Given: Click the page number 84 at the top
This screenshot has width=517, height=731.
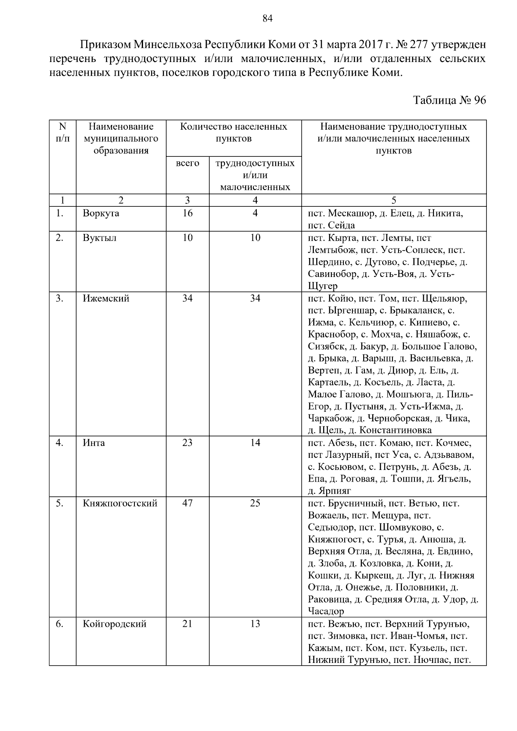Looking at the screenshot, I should (x=267, y=19).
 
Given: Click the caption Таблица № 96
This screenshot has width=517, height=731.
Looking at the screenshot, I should (x=449, y=100).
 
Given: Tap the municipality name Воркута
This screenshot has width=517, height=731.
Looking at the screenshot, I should (x=101, y=213).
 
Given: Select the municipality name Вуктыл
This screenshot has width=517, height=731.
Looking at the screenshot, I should (x=100, y=238).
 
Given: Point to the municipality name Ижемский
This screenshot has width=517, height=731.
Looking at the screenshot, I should (x=106, y=298).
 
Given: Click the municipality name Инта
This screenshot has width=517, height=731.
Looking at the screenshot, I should (x=94, y=443).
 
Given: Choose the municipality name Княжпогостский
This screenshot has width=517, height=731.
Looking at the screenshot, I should (x=120, y=503).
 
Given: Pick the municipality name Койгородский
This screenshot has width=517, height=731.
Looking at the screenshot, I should (x=115, y=624).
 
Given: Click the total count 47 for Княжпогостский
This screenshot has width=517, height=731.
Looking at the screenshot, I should (x=187, y=503).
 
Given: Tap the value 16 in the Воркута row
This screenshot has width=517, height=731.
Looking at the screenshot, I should (x=187, y=213).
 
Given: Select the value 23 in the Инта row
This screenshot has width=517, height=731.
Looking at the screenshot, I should (x=187, y=443).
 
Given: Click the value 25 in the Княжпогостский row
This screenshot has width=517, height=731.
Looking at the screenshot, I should (x=255, y=503).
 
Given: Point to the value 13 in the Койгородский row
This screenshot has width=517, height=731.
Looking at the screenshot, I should (x=255, y=624).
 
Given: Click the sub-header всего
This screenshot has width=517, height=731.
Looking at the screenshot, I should (x=187, y=163).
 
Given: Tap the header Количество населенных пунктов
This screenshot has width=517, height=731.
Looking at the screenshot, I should (x=234, y=133).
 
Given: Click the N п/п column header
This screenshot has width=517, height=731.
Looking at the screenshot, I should (x=63, y=133).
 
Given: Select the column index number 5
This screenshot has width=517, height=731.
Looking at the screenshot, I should (x=393, y=200).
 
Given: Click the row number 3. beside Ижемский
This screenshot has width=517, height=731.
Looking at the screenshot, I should (x=59, y=298).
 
